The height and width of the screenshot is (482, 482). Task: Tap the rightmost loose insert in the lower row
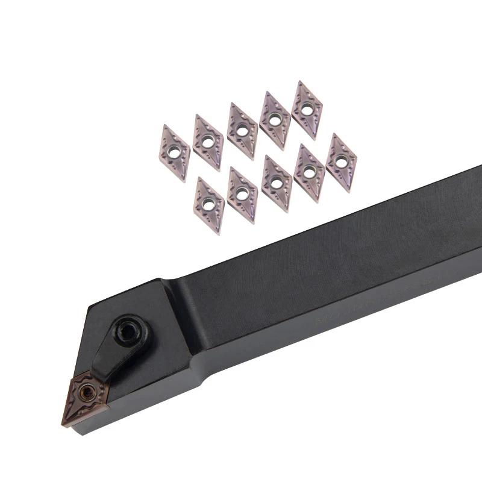tap(341, 163)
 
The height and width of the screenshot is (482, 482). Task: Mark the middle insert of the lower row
tap(276, 181)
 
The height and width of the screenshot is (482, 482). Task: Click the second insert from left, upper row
tap(208, 142)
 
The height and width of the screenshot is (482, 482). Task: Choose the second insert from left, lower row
tap(243, 193)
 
